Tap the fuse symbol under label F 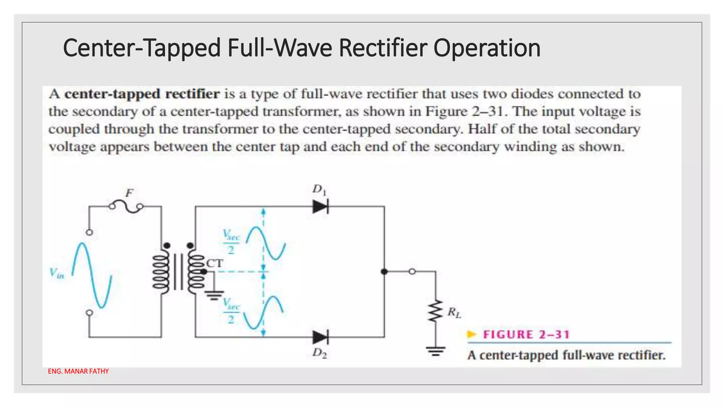point(126,207)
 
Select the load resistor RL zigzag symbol point(436,311)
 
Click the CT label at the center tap point(215,263)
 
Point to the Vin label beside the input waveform point(57,273)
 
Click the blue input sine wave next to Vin point(92,275)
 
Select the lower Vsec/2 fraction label point(231,311)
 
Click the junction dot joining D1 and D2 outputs point(384,272)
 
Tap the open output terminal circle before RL point(412,272)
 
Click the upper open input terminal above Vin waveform point(89,232)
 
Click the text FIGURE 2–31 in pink point(526,335)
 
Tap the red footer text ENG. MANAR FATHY point(78,371)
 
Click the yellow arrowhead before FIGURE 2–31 point(472,334)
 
